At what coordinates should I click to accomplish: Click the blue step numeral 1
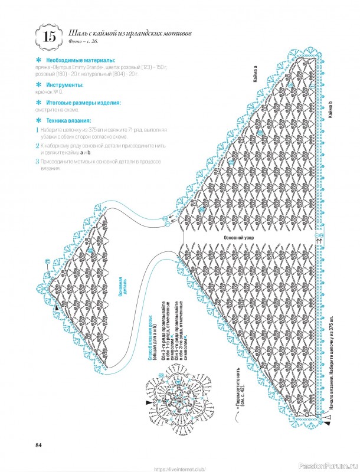tap(37, 129)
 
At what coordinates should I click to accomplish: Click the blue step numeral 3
tap(37, 161)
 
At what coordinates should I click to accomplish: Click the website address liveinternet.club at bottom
tap(179, 468)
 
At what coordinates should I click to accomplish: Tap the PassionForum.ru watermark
tap(328, 466)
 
